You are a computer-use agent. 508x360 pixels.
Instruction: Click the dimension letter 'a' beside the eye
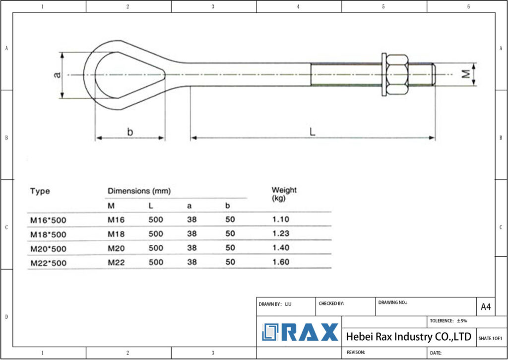click(58, 74)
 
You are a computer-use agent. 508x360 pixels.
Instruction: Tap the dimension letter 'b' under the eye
click(130, 132)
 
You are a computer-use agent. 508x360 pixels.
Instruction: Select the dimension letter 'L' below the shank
click(313, 132)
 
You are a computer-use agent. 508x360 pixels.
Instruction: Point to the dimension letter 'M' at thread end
click(465, 74)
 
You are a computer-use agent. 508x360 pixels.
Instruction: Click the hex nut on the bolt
click(397, 74)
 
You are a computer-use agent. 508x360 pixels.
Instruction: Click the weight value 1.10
click(280, 219)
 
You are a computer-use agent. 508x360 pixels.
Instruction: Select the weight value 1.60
click(280, 262)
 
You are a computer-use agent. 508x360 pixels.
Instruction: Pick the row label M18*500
click(48, 234)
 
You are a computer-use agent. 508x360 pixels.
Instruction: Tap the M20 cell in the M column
click(116, 248)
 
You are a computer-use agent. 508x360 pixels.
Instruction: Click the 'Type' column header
click(40, 191)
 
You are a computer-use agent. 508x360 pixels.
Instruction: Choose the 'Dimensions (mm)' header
click(139, 191)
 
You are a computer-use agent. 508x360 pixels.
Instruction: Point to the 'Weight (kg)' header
click(284, 194)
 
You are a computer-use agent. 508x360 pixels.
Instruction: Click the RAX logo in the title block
click(300, 332)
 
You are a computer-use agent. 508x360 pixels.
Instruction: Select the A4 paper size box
click(486, 307)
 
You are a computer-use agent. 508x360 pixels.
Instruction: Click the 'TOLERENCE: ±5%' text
click(448, 321)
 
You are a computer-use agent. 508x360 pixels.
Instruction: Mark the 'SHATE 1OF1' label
click(490, 338)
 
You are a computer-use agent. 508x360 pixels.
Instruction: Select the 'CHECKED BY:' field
click(331, 303)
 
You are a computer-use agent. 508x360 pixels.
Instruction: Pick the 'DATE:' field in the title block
click(436, 353)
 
